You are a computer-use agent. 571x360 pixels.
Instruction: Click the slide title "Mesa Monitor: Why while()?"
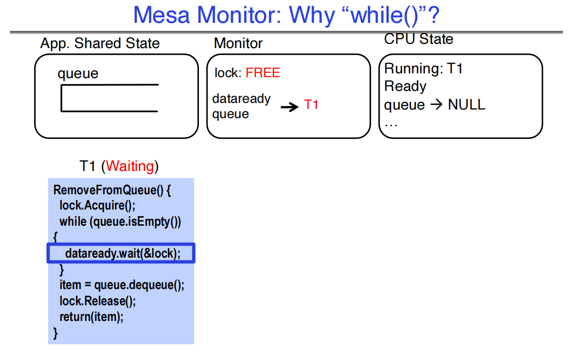[x=286, y=15]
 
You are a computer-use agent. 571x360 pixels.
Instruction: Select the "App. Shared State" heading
[x=100, y=43]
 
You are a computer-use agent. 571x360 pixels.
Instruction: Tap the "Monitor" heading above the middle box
[x=238, y=43]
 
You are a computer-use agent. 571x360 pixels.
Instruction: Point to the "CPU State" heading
[x=419, y=39]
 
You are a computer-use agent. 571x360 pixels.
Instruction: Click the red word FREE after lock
[x=263, y=73]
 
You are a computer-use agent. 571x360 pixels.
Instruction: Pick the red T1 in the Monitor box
[x=311, y=105]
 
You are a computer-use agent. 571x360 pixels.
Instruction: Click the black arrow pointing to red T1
[x=289, y=107]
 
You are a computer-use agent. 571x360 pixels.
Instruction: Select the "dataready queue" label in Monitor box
[x=241, y=106]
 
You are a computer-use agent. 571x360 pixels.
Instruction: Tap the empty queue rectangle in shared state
[x=109, y=98]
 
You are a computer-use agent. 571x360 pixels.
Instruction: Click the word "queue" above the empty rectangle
[x=78, y=74]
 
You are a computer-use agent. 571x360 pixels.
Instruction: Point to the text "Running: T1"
[x=423, y=69]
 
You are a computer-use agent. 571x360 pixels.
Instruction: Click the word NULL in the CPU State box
[x=466, y=105]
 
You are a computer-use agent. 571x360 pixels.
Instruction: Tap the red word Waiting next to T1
[x=130, y=166]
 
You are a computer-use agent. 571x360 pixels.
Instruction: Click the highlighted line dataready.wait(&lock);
[x=122, y=253]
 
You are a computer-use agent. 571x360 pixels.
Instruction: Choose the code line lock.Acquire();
[x=97, y=206]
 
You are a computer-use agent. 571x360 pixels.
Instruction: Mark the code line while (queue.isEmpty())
[x=120, y=221]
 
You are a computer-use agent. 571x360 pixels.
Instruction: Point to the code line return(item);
[x=91, y=317]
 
